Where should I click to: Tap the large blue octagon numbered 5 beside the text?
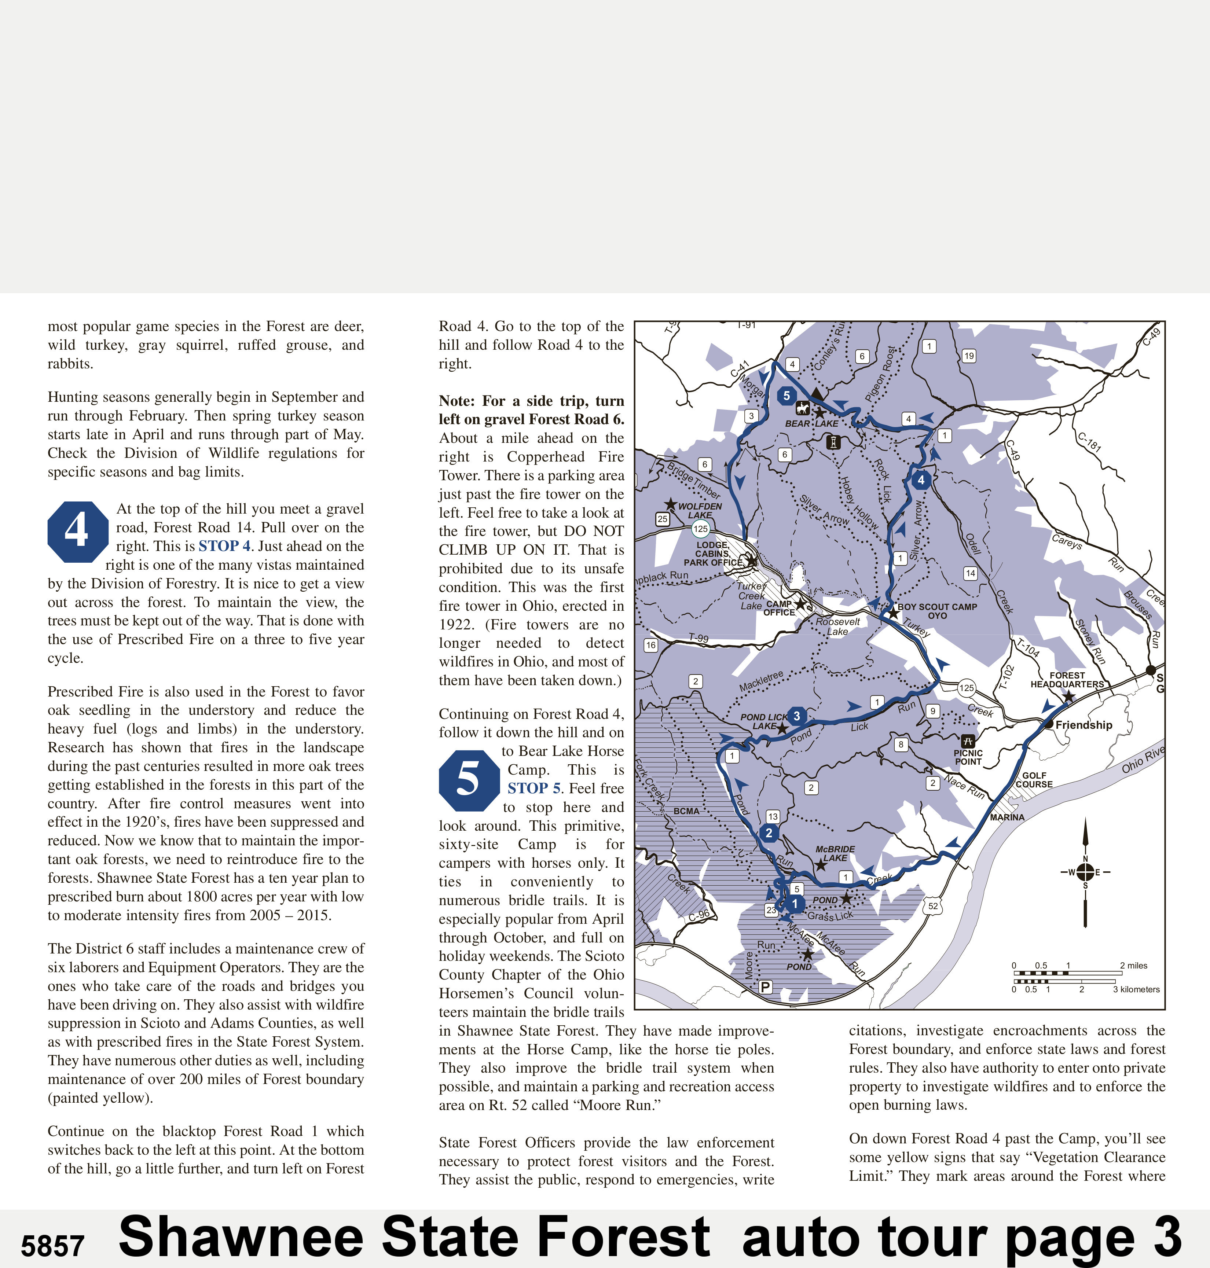tap(469, 780)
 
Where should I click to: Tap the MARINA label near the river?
tap(1007, 817)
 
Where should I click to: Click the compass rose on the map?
tap(1085, 872)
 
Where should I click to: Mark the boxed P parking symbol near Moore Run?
tap(765, 987)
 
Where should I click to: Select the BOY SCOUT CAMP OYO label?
tap(937, 611)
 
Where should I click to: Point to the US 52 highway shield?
tap(933, 906)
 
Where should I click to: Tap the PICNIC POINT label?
tap(968, 757)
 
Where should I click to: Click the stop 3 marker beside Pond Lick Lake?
tap(796, 716)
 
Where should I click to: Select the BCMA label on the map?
tap(686, 811)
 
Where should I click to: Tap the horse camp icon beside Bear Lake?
tap(802, 408)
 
